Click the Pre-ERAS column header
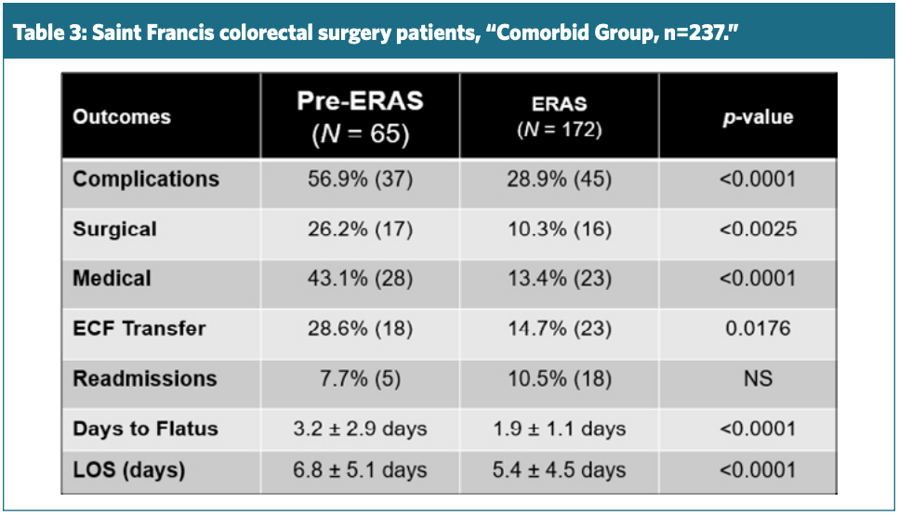click(360, 116)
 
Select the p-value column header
click(757, 117)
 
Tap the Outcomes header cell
click(122, 117)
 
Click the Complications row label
click(146, 178)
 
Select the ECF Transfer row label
click(139, 328)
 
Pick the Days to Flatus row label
click(146, 429)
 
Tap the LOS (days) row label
click(129, 470)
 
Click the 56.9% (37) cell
click(360, 178)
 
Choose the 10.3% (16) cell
click(559, 229)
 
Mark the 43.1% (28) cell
click(360, 279)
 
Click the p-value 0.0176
click(757, 328)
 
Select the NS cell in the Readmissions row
click(757, 378)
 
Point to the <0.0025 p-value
click(757, 229)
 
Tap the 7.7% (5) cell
click(360, 378)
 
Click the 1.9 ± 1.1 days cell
click(559, 429)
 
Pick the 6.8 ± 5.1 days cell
click(360, 470)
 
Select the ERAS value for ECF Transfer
click(559, 328)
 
